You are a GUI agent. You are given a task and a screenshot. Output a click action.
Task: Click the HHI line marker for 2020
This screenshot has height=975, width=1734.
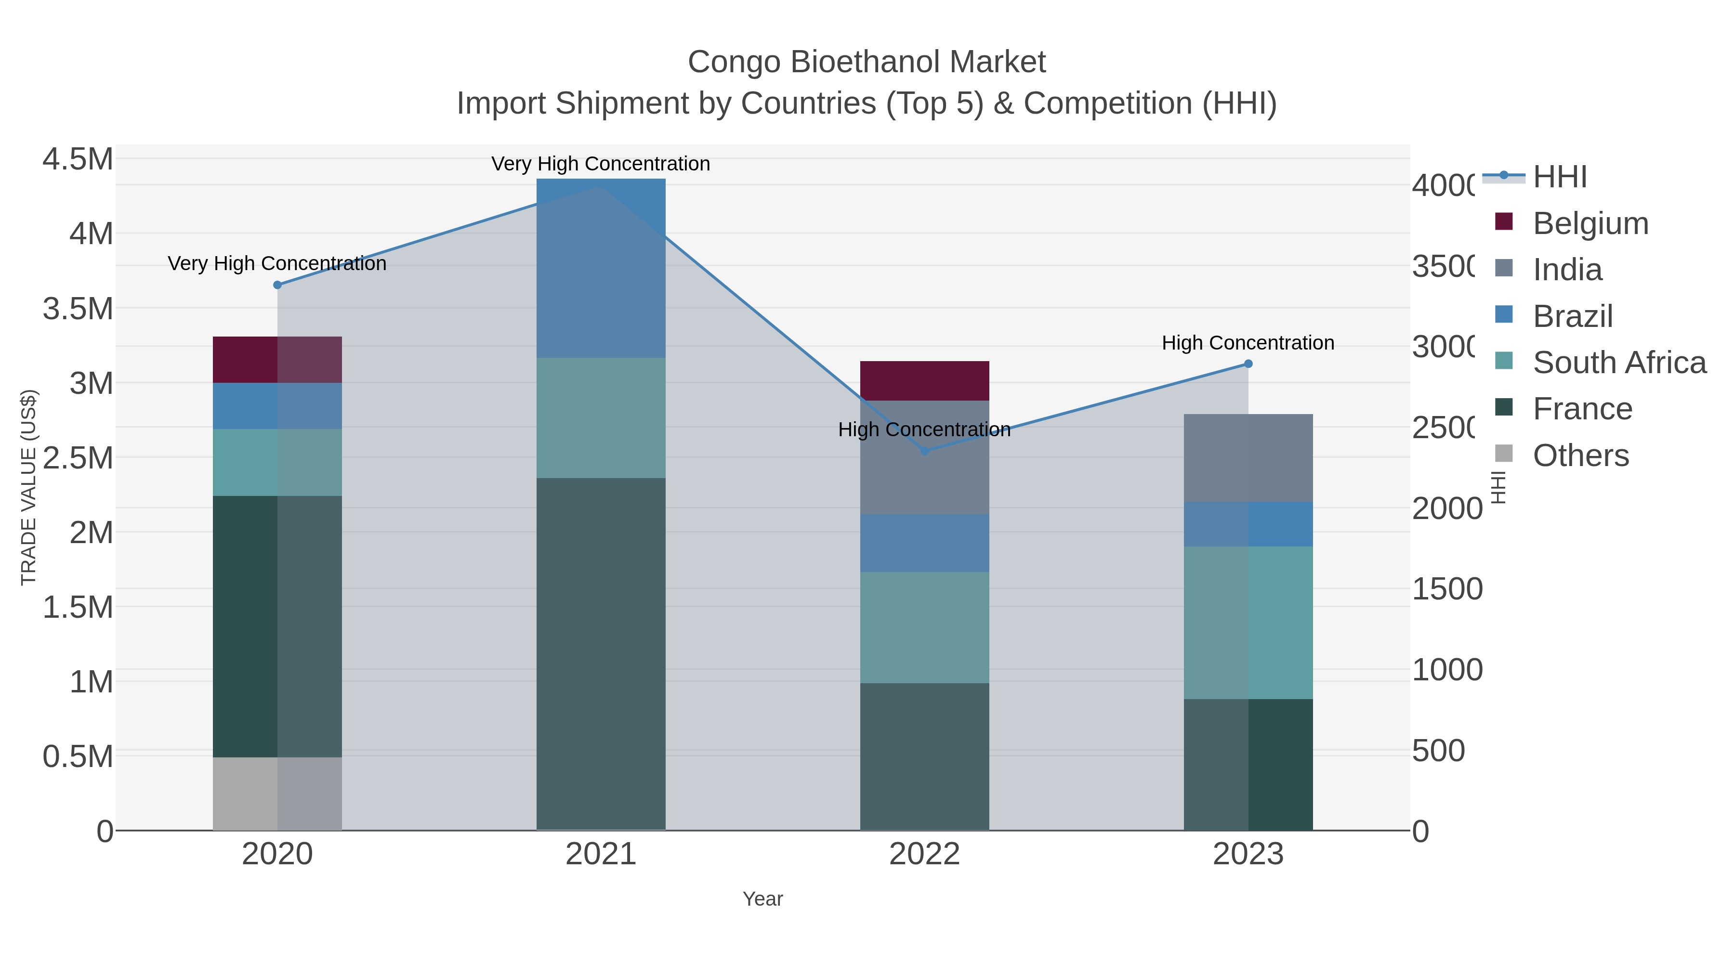tap(277, 285)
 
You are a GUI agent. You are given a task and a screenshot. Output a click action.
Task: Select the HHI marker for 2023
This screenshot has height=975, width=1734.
tap(1248, 364)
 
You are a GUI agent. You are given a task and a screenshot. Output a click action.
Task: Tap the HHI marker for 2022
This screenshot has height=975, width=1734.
tap(925, 451)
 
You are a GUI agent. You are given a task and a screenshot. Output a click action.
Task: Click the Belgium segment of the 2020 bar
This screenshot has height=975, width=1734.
tap(277, 359)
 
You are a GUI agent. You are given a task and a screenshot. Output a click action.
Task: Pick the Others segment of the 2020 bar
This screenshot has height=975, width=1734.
tap(277, 793)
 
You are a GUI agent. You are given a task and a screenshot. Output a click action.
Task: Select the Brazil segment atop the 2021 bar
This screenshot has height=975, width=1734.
tap(601, 268)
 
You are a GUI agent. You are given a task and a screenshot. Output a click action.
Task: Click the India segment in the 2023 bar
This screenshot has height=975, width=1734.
tap(1248, 457)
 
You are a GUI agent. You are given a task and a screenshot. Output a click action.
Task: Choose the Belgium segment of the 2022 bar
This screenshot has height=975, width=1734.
tap(925, 380)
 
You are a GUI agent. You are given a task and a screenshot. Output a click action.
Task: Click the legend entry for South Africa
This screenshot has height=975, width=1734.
tap(1619, 363)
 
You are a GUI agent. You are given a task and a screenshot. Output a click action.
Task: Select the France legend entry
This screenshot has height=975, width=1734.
tap(1582, 409)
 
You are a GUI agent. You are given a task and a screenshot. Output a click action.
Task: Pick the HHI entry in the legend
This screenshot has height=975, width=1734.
tap(1560, 177)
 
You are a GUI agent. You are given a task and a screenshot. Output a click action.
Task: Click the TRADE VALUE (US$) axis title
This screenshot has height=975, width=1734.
tap(28, 487)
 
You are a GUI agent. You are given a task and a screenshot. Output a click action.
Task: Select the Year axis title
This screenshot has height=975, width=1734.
tap(762, 899)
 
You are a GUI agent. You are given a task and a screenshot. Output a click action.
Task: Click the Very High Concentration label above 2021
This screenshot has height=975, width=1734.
tap(601, 164)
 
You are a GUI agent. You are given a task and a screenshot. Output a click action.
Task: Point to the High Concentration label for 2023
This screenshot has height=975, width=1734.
tap(1248, 342)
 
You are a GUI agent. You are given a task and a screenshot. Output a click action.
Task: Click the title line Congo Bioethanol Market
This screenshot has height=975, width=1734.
tap(867, 62)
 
